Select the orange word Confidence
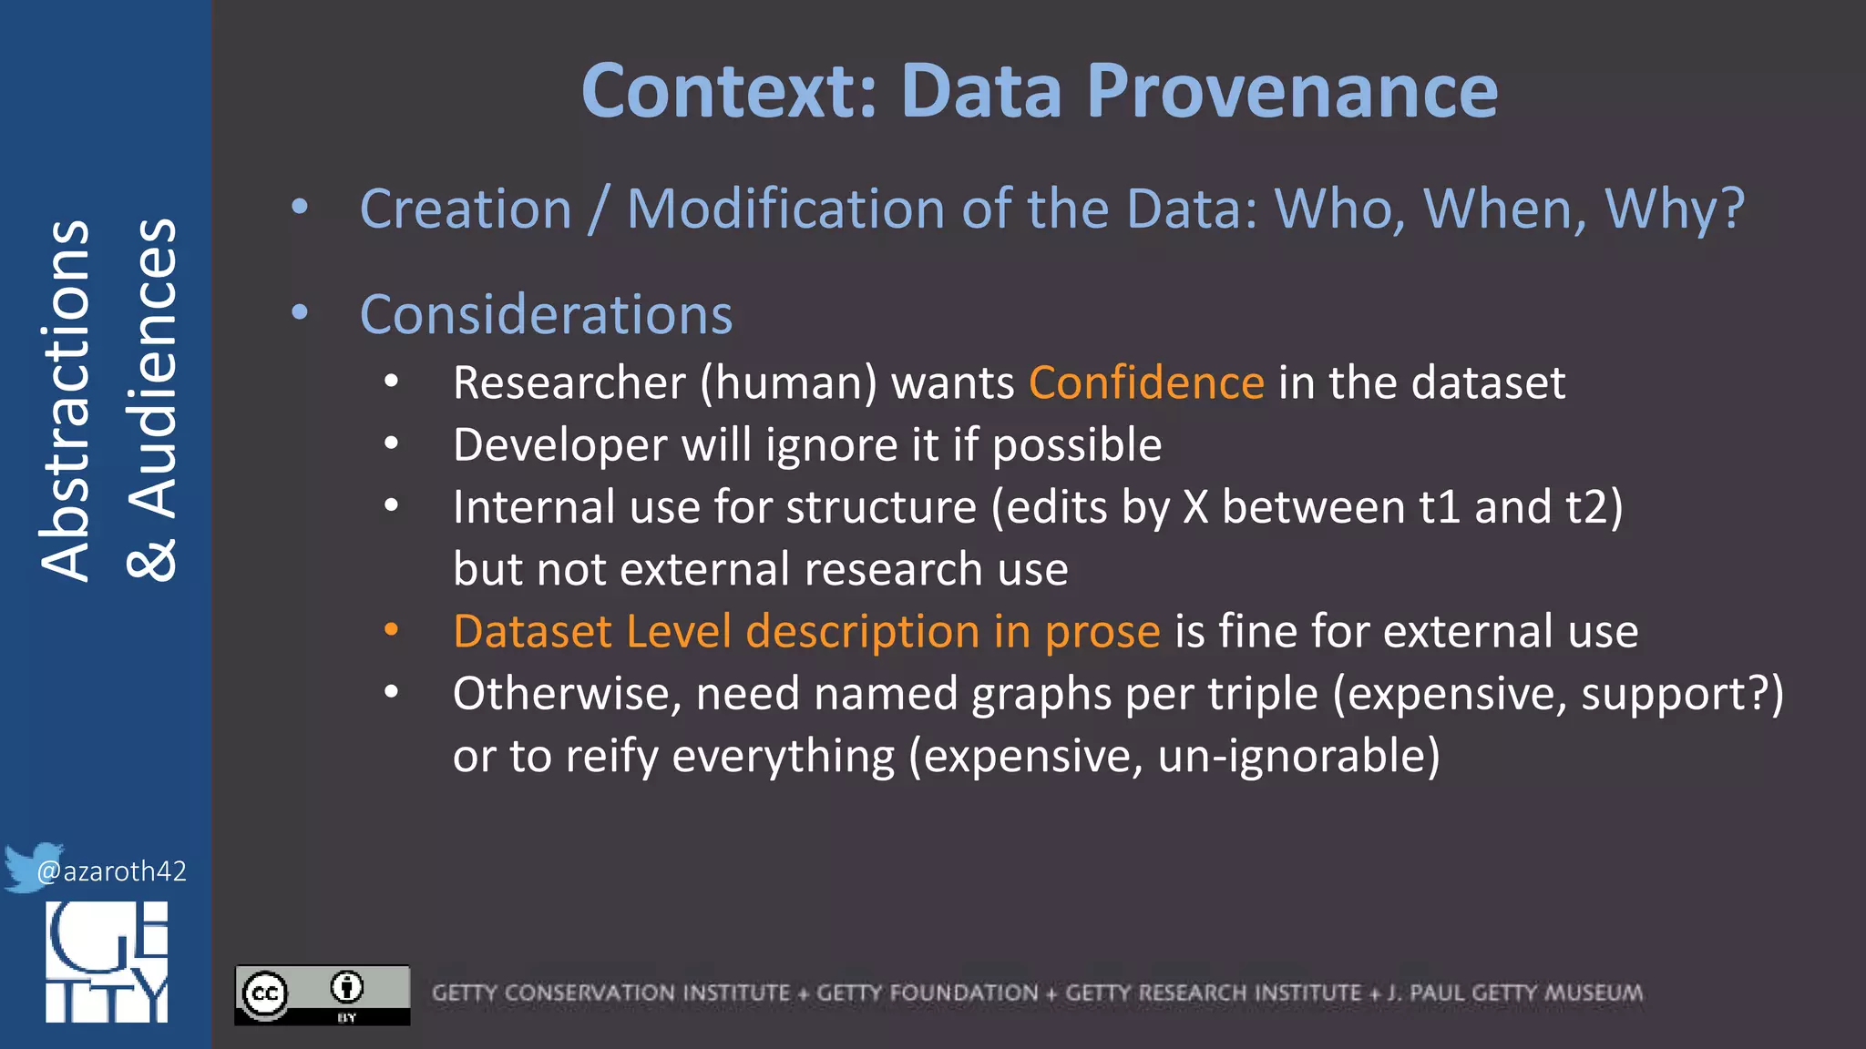point(1146,382)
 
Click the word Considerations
point(546,315)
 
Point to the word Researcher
point(569,382)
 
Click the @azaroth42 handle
point(111,871)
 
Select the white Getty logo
point(107,962)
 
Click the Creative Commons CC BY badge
point(322,994)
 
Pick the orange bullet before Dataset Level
point(391,630)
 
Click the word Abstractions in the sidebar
point(66,401)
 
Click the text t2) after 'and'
point(1594,507)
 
